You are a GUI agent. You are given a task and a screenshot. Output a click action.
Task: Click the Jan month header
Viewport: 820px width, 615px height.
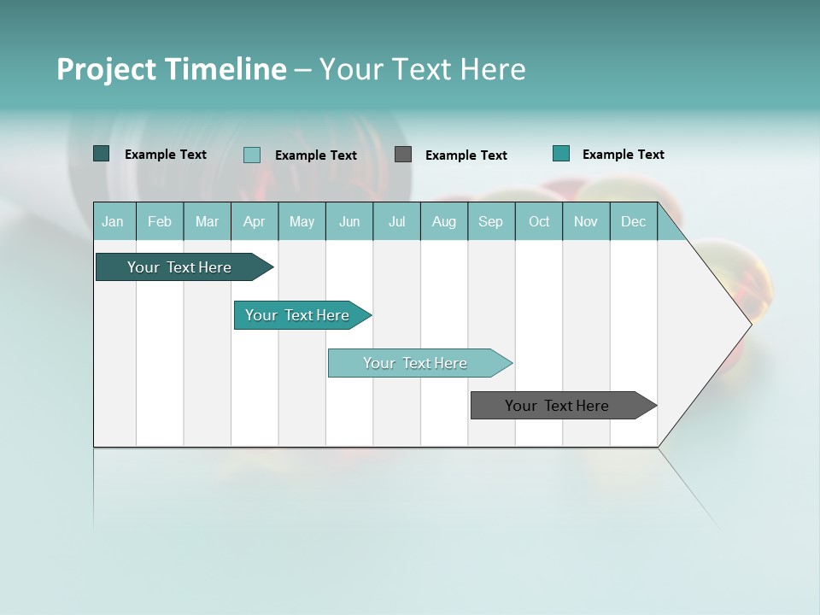coord(114,221)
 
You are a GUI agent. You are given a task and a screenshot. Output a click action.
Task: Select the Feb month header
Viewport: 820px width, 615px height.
coord(160,221)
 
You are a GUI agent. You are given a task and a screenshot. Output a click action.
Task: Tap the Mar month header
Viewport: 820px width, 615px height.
coord(207,221)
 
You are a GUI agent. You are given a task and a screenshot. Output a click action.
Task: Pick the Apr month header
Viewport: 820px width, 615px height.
coord(255,221)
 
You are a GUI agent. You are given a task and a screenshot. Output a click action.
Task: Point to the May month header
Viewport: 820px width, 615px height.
coord(302,221)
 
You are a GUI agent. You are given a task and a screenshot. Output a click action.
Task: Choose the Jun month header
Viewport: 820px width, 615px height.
coord(349,221)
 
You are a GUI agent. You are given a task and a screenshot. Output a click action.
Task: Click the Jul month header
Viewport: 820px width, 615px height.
coord(396,221)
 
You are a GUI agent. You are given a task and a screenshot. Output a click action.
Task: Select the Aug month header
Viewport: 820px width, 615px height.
coord(444,221)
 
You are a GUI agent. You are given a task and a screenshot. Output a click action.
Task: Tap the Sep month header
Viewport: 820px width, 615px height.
coord(491,221)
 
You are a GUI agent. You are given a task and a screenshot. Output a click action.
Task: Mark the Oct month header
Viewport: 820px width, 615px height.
coord(539,221)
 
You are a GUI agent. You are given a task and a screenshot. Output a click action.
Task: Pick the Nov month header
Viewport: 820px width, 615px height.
coord(586,221)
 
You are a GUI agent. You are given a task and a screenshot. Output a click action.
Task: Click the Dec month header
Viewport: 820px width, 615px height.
coord(634,221)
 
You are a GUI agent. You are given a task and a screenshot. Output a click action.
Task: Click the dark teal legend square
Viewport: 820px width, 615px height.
coord(102,154)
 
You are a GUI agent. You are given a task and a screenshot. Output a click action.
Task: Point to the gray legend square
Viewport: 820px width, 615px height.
coord(403,155)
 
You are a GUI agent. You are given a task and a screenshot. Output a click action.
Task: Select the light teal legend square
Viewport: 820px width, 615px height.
coord(252,155)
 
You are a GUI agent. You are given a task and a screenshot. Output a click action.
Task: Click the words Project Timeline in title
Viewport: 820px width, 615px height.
coord(172,69)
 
